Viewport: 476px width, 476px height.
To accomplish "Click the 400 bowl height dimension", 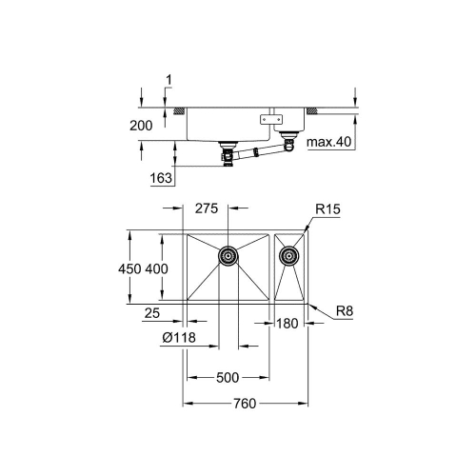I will (x=158, y=269).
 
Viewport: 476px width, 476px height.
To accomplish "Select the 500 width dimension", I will (x=227, y=378).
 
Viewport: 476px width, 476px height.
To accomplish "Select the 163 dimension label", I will (x=162, y=177).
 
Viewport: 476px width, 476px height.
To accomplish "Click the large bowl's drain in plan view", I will (x=228, y=255).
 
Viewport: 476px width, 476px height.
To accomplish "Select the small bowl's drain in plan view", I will (x=289, y=255).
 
